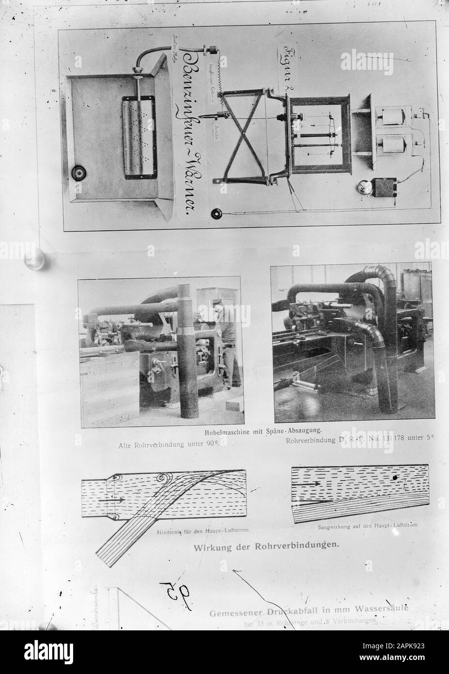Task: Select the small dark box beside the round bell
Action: (388, 187)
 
